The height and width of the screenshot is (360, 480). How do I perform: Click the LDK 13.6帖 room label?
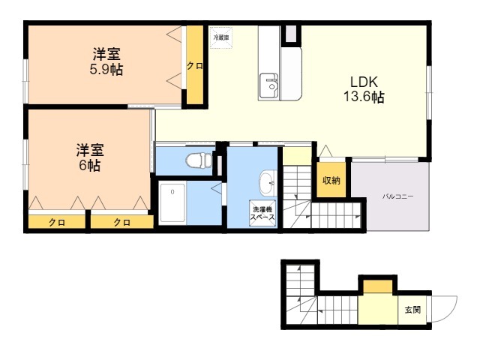pyautogui.click(x=364, y=89)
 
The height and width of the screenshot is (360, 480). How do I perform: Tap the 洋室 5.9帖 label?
pyautogui.click(x=106, y=61)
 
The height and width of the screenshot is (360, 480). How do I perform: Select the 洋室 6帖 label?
pyautogui.click(x=90, y=157)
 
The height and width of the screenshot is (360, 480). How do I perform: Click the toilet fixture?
pyautogui.click(x=199, y=160)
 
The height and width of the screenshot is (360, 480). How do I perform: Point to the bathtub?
pyautogui.click(x=172, y=203)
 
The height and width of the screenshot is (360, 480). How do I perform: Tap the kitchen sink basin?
pyautogui.click(x=268, y=86)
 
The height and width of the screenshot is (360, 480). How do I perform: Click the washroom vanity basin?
pyautogui.click(x=268, y=183)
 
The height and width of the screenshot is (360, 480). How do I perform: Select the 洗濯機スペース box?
pyautogui.click(x=262, y=213)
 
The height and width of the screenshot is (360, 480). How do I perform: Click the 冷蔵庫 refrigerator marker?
pyautogui.click(x=221, y=37)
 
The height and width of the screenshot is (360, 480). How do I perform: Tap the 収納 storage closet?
pyautogui.click(x=331, y=180)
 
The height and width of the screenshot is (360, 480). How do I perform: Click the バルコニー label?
pyautogui.click(x=397, y=196)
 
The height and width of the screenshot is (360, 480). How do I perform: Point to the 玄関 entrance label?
pyautogui.click(x=412, y=310)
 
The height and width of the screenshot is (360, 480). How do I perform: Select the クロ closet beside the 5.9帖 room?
pyautogui.click(x=195, y=65)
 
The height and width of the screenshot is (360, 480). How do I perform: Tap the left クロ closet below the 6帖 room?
pyautogui.click(x=57, y=222)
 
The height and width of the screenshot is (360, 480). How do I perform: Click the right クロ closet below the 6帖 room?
pyautogui.click(x=122, y=222)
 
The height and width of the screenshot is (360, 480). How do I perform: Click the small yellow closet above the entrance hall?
pyautogui.click(x=378, y=286)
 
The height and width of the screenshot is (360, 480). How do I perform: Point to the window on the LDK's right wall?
pyautogui.click(x=429, y=92)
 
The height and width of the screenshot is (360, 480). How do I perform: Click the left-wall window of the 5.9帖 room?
pyautogui.click(x=26, y=81)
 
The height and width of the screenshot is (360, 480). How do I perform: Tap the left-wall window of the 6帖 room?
pyautogui.click(x=26, y=164)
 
